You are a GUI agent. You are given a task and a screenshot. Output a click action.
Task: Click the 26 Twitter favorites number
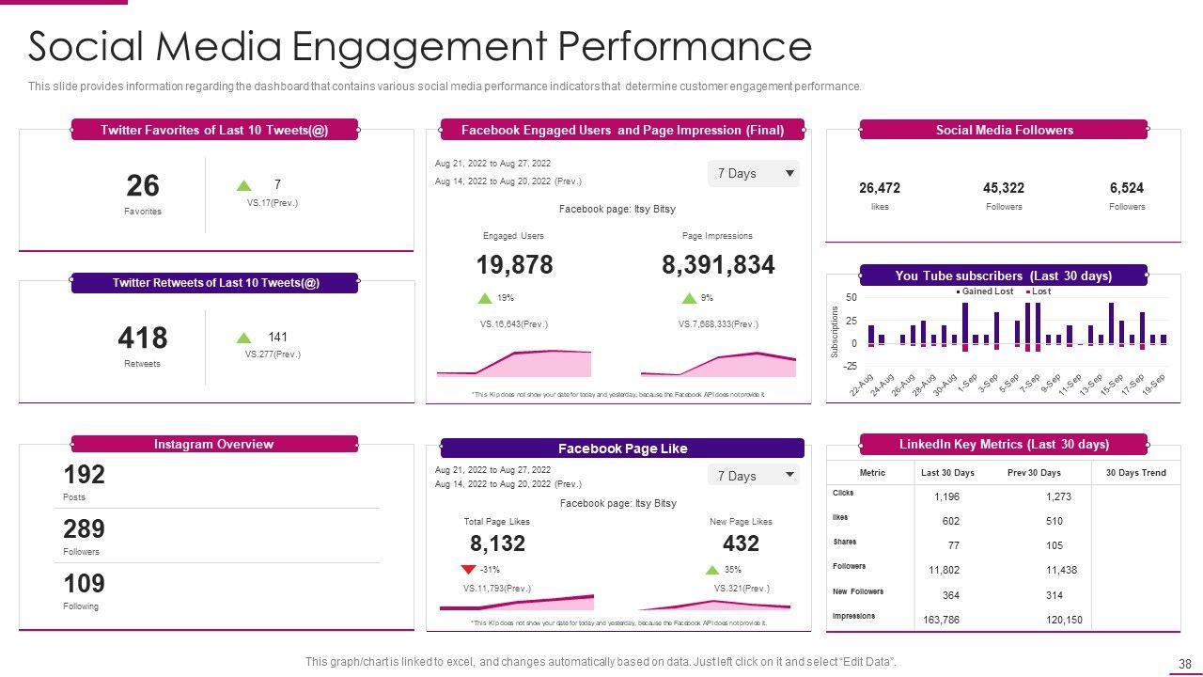coord(143,185)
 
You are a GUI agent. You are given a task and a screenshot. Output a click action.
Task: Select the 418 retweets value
coord(143,338)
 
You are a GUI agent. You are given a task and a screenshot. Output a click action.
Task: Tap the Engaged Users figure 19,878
coord(514,265)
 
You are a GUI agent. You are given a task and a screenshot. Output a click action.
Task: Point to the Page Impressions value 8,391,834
coord(718,265)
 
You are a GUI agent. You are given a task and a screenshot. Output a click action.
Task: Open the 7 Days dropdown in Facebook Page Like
coord(754,476)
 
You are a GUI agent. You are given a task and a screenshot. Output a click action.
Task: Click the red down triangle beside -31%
coord(468,570)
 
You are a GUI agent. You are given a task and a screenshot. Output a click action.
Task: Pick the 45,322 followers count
coord(1004,188)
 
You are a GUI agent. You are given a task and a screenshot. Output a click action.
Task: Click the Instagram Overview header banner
coord(214,444)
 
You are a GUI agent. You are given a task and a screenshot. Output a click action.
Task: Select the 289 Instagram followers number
coord(84,528)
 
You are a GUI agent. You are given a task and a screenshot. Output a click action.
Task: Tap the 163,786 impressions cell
coord(941,620)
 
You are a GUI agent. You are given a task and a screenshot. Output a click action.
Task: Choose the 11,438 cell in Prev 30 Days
coord(1061,570)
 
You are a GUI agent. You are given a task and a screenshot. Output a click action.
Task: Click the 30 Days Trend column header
coord(1135,473)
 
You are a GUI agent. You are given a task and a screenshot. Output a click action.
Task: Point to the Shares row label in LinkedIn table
coord(844,542)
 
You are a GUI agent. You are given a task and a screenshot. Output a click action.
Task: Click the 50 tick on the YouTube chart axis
coord(851,298)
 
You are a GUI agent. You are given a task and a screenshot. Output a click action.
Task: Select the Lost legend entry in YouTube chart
coord(1040,291)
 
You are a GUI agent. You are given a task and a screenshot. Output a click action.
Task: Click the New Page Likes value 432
coord(741,543)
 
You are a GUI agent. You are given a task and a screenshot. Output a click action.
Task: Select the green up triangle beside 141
coord(243,338)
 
